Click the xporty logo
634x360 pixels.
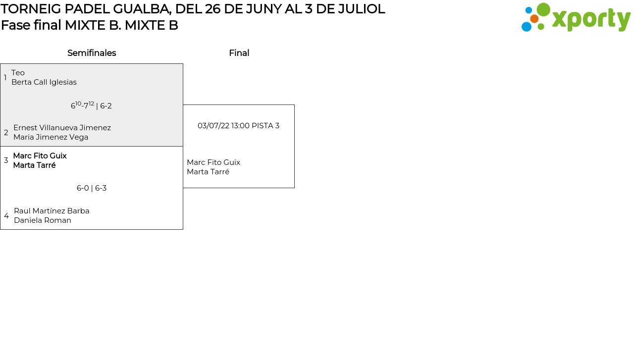coord(576,18)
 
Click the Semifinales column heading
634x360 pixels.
coord(92,53)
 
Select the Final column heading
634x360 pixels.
coord(239,53)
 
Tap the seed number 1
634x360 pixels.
coord(5,78)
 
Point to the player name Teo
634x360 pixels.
coord(18,73)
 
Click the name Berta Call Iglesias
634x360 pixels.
coord(44,82)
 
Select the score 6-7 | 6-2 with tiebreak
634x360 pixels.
coord(91,105)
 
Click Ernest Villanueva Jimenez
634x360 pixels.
coord(62,128)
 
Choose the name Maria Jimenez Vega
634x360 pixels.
coord(51,137)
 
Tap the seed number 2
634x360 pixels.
coord(6,133)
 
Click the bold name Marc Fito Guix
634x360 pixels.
coord(40,156)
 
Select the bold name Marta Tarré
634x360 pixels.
coord(34,165)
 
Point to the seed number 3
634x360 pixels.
coord(6,160)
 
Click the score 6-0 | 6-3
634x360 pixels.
coord(92,188)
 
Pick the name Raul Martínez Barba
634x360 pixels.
coord(52,211)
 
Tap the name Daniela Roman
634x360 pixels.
coord(43,220)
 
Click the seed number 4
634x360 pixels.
coord(6,216)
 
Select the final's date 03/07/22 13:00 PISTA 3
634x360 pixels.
coord(238,126)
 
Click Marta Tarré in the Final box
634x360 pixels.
coord(208,172)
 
